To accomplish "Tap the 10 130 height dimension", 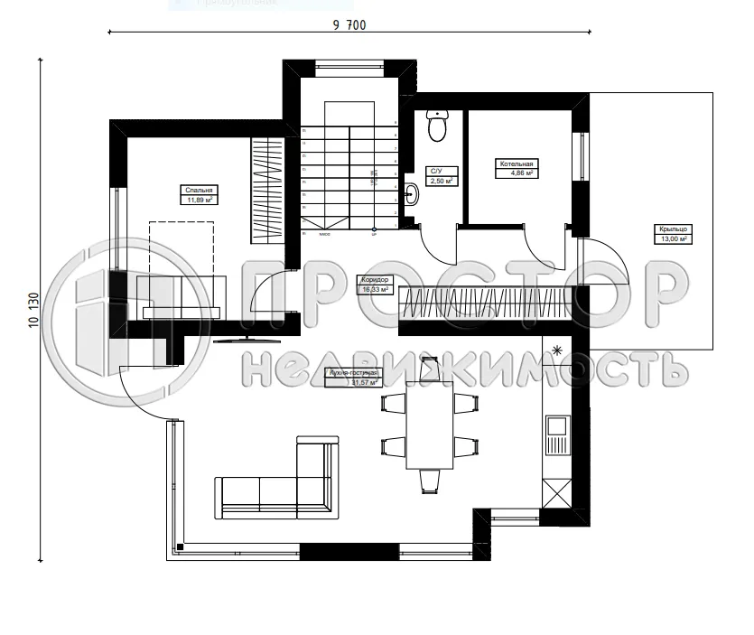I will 33,309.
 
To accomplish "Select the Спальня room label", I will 199,191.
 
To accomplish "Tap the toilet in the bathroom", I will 438,127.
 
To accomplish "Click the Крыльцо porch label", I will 672,230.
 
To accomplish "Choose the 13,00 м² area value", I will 672,239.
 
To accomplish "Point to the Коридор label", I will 374,280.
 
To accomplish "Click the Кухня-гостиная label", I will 352,372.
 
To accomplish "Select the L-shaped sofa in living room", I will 280,483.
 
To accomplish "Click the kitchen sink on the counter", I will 555,425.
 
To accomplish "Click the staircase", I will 349,176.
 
